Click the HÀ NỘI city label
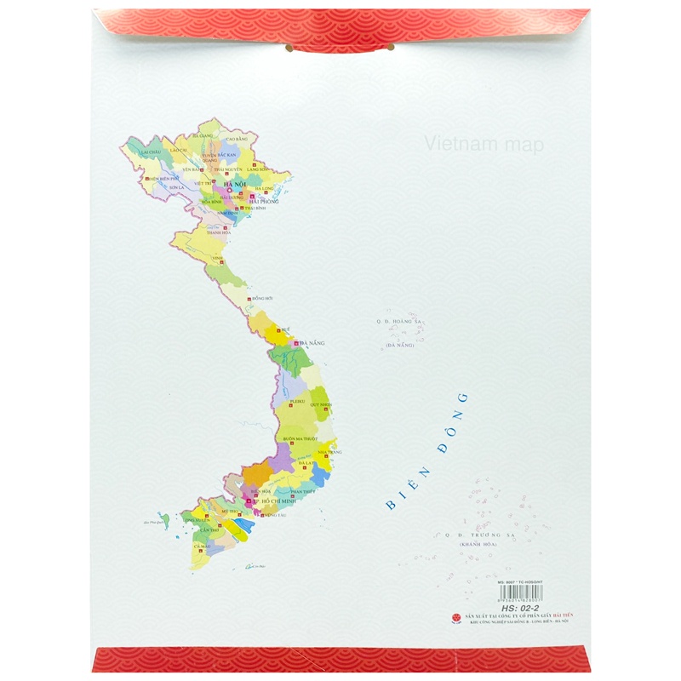pos(229,181)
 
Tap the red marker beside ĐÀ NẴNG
pos(295,343)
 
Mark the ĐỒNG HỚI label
pos(264,300)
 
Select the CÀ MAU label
pos(202,546)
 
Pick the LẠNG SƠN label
pos(257,169)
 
